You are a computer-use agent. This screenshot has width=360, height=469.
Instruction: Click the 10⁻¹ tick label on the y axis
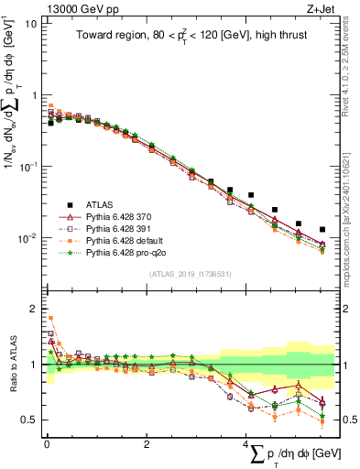click(x=27, y=166)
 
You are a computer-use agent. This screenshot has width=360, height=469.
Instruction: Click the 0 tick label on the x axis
click(x=47, y=444)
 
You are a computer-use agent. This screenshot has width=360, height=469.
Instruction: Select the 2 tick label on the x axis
click(x=147, y=444)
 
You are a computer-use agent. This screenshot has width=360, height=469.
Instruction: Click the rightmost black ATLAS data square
click(x=321, y=229)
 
